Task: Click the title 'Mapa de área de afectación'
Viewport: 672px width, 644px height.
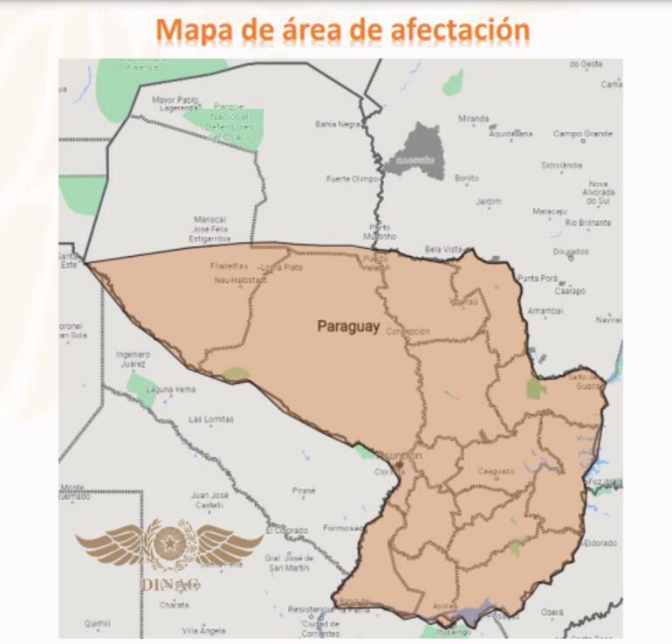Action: point(342,30)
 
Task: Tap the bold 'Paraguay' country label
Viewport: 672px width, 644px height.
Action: point(348,327)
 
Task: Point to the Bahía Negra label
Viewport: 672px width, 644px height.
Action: point(339,124)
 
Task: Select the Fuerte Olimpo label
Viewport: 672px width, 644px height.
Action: point(352,178)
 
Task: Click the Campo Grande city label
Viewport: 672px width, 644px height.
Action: point(583,134)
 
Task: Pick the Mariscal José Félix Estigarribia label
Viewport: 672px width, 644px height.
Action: point(209,228)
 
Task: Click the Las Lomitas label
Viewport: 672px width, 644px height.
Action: point(211,419)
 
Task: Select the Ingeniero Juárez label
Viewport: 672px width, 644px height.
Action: point(134,358)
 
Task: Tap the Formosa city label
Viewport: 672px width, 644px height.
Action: point(341,528)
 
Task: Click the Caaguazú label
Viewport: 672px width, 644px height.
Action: point(496,471)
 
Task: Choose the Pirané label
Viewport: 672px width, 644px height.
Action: point(304,490)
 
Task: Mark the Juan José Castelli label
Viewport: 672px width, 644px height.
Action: point(209,500)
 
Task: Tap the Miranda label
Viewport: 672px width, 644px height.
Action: point(474,118)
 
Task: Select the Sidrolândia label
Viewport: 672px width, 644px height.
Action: point(561,165)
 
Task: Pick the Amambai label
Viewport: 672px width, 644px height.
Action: point(545,310)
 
